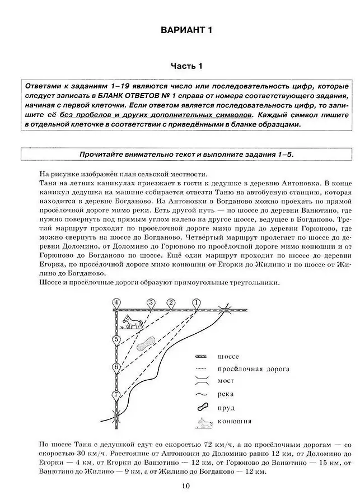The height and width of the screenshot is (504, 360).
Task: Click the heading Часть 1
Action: click(185, 66)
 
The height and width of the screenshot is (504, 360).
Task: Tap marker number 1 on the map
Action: click(197, 302)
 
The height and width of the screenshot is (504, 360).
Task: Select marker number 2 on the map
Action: click(170, 302)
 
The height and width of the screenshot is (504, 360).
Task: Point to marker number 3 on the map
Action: click(151, 302)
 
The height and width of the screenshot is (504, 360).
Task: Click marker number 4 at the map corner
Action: click(116, 302)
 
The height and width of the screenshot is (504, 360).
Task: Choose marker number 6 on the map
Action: click(116, 367)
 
